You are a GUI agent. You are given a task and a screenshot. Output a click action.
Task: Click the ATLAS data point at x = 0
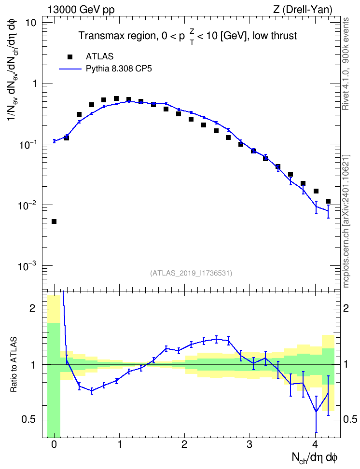pos(54,221)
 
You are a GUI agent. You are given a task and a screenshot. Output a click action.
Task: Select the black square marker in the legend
pos(69,57)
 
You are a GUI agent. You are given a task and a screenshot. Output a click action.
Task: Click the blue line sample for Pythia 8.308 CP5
pos(70,69)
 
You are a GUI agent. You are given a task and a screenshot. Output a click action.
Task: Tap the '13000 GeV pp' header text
pos(81,10)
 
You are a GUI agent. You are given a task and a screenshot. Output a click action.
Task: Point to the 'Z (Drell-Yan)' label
pos(303,10)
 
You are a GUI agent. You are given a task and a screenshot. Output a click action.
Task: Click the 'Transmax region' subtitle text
pos(117,36)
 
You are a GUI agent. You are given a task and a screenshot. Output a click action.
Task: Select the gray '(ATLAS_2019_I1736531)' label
pos(191,273)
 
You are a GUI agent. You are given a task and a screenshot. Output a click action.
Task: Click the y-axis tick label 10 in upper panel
pos(29,23)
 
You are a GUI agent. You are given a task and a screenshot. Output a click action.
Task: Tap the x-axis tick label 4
pos(316,444)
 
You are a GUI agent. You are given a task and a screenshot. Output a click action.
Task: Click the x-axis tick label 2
pos(185,444)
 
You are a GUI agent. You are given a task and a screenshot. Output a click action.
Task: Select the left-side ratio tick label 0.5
pos(28,420)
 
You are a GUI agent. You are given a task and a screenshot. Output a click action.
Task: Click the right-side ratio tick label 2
pos(346,308)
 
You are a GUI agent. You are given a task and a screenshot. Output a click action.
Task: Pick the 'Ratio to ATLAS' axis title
pos(14,364)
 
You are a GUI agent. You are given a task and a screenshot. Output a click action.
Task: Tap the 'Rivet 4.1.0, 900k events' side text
pos(346,64)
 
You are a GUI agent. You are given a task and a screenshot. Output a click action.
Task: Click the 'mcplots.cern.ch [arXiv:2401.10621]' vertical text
pos(346,221)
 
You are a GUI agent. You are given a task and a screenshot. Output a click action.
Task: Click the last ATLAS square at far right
pos(328,201)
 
